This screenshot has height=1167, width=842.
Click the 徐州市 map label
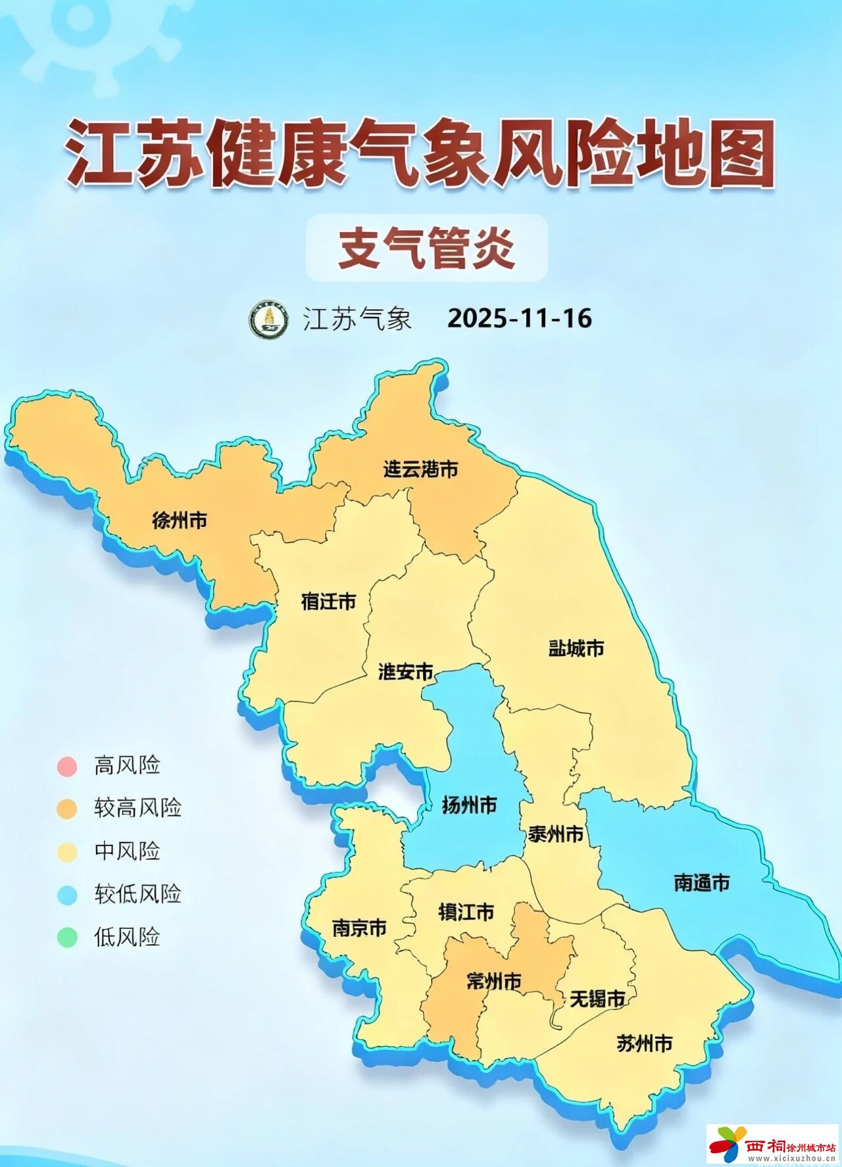point(180,521)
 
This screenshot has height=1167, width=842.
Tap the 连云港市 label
point(421,469)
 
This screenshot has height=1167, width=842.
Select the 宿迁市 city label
point(328,601)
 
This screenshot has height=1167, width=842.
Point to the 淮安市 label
point(406,671)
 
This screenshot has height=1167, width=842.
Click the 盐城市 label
point(576,648)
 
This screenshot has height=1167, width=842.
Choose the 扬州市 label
point(469,805)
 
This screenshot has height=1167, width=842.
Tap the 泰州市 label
point(556,834)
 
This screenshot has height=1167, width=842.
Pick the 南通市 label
point(702,882)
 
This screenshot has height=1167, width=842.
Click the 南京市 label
point(359,928)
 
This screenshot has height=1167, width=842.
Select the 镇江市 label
point(466,912)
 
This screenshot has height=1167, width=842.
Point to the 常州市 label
point(493,981)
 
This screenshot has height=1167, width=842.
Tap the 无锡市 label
point(597,999)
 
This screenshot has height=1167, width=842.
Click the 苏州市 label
point(645,1043)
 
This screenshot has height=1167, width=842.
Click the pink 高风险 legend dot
point(67,766)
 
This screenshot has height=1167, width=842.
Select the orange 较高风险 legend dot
point(67,809)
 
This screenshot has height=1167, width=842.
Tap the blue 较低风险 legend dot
point(67,894)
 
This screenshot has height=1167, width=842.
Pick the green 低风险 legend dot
point(67,937)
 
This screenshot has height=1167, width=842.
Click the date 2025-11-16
point(520,318)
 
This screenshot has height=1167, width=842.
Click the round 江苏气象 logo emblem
point(268,320)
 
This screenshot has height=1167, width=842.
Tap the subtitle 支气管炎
point(426,248)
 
